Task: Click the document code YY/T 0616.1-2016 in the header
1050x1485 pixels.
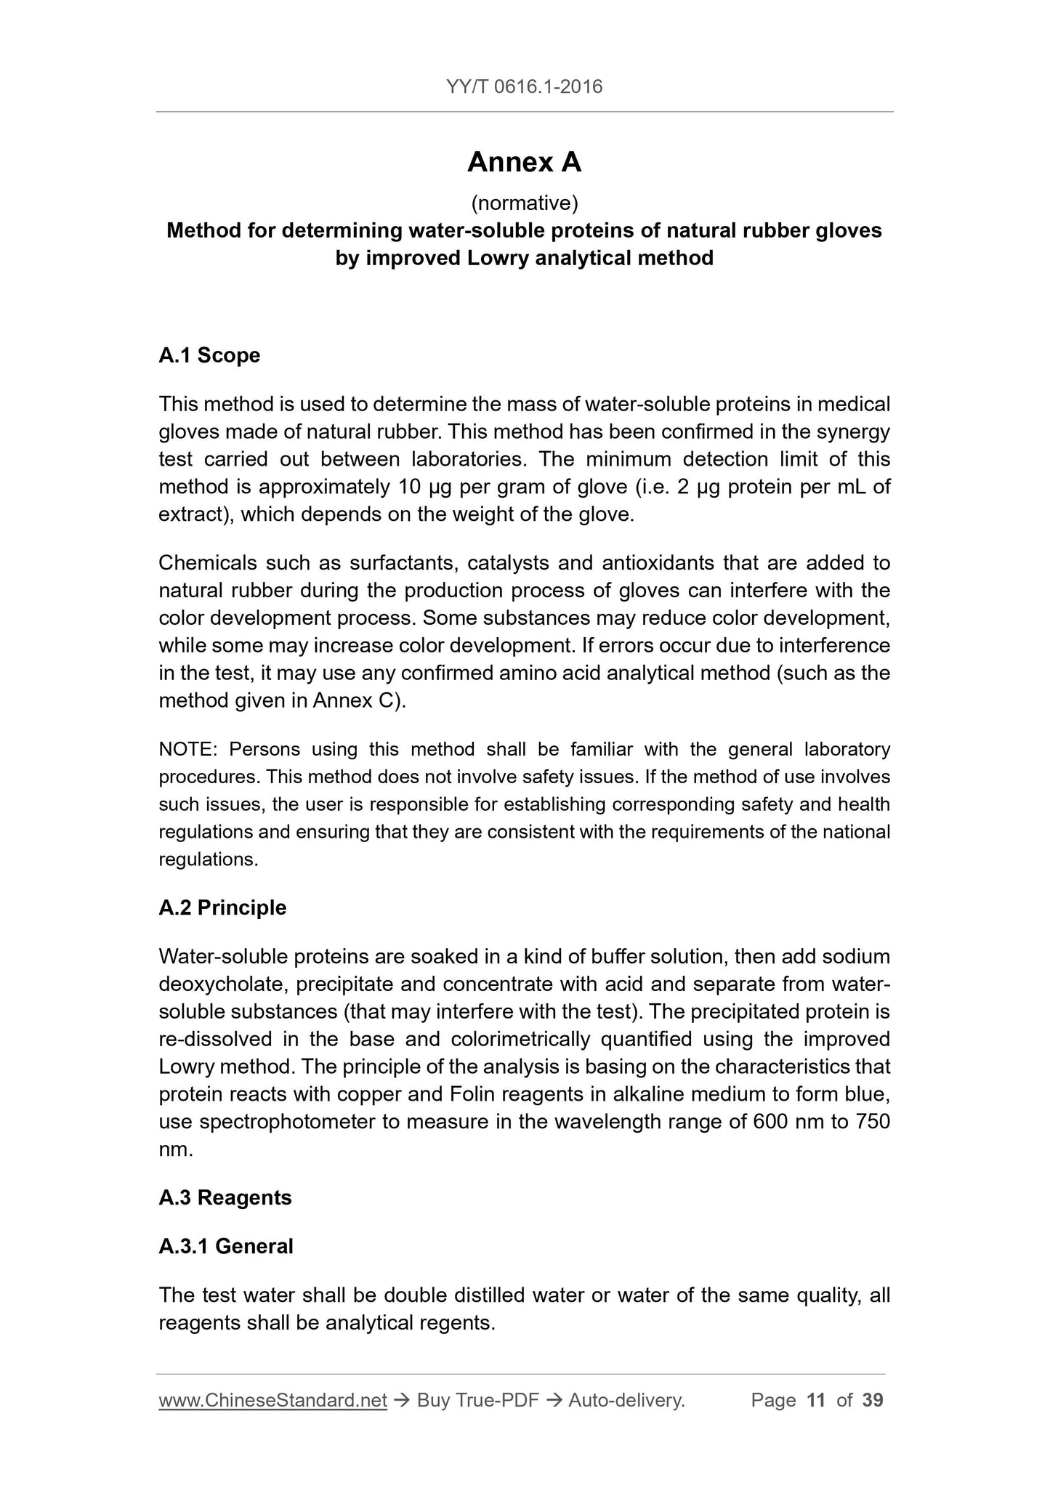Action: pyautogui.click(x=525, y=87)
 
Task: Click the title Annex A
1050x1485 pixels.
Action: pyautogui.click(x=525, y=162)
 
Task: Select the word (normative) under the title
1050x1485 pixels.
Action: pyautogui.click(x=525, y=203)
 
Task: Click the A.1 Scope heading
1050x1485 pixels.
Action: pyautogui.click(x=209, y=355)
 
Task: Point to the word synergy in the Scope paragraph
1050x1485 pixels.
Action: pyautogui.click(x=850, y=432)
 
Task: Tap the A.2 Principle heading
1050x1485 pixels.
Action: pyautogui.click(x=222, y=907)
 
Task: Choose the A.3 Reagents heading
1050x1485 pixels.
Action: pyautogui.click(x=225, y=1197)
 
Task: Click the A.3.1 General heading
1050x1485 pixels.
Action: pyautogui.click(x=226, y=1246)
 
